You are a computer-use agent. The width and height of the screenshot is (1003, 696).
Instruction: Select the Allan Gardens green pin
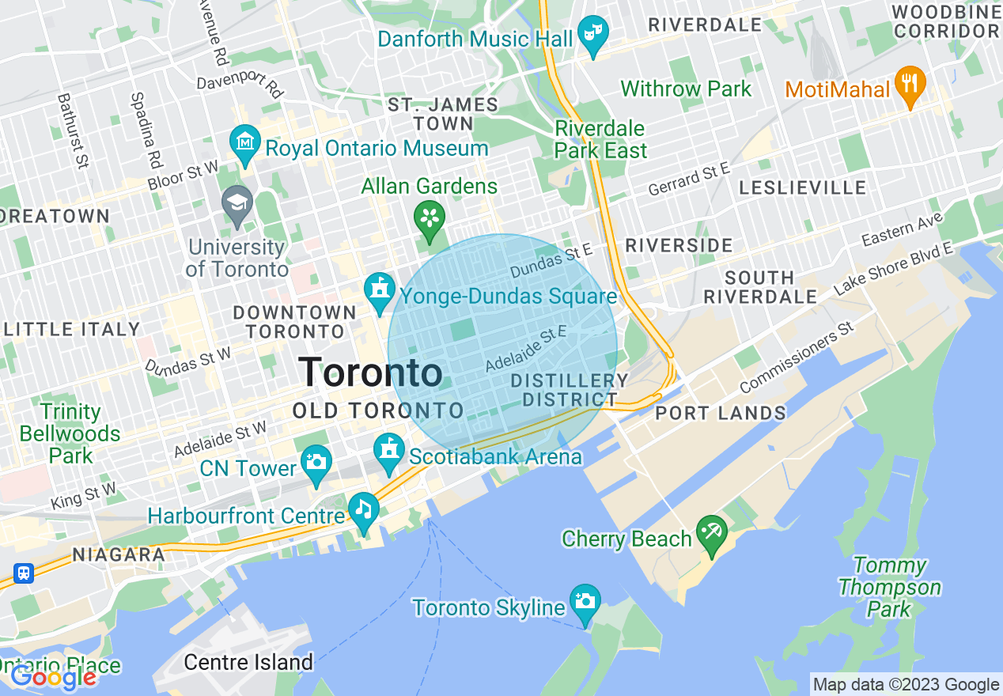pyautogui.click(x=430, y=218)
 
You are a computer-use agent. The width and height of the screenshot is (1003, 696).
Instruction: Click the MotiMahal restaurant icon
pyautogui.click(x=910, y=84)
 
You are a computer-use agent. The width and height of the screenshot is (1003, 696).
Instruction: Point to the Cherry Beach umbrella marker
pyautogui.click(x=711, y=534)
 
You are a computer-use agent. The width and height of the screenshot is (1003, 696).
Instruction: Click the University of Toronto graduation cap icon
pyautogui.click(x=237, y=204)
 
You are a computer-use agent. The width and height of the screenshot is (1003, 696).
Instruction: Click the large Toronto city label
pyautogui.click(x=371, y=373)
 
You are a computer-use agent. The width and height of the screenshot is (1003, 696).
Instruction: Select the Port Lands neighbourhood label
pyautogui.click(x=721, y=413)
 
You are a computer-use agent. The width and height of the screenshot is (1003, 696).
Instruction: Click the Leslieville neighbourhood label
pyautogui.click(x=802, y=188)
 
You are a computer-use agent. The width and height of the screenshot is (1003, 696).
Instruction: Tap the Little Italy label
pyautogui.click(x=70, y=329)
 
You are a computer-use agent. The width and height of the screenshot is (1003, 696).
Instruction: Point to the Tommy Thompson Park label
pyautogui.click(x=890, y=587)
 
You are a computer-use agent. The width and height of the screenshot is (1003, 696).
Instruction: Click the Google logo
pyautogui.click(x=53, y=677)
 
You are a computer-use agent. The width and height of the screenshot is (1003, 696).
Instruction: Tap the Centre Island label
pyautogui.click(x=248, y=661)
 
